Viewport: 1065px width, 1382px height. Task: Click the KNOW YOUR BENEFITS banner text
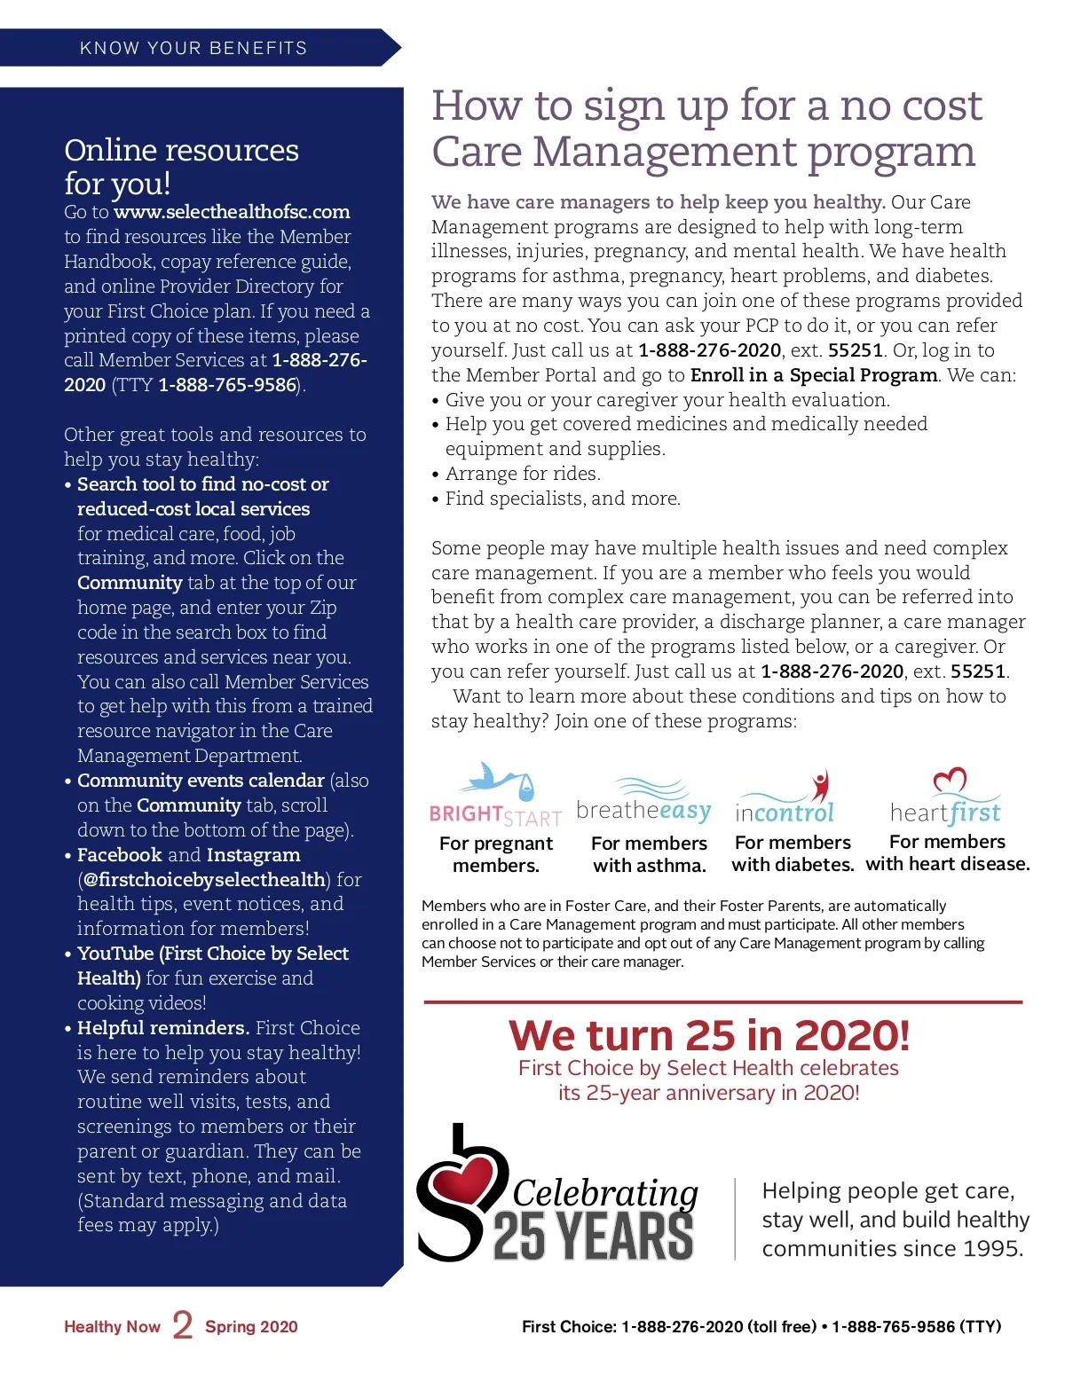193,48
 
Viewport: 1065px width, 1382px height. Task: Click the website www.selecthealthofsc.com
232,212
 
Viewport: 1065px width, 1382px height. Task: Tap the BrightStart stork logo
496,795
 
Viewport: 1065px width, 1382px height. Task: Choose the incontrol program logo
785,798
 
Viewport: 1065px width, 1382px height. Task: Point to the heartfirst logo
946,798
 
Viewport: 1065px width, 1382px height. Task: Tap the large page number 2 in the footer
183,1325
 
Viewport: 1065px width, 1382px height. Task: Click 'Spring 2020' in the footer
251,1327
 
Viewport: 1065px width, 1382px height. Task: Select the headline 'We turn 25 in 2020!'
709,1035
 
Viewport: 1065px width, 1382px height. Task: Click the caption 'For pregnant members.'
496,854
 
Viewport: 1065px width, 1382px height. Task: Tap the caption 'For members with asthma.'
650,854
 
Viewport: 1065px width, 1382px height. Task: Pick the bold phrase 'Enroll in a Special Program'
814,375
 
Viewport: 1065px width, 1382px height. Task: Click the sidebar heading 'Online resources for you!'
181,167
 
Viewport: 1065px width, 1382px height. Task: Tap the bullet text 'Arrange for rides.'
523,474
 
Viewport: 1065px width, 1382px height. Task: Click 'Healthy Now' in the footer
112,1327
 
